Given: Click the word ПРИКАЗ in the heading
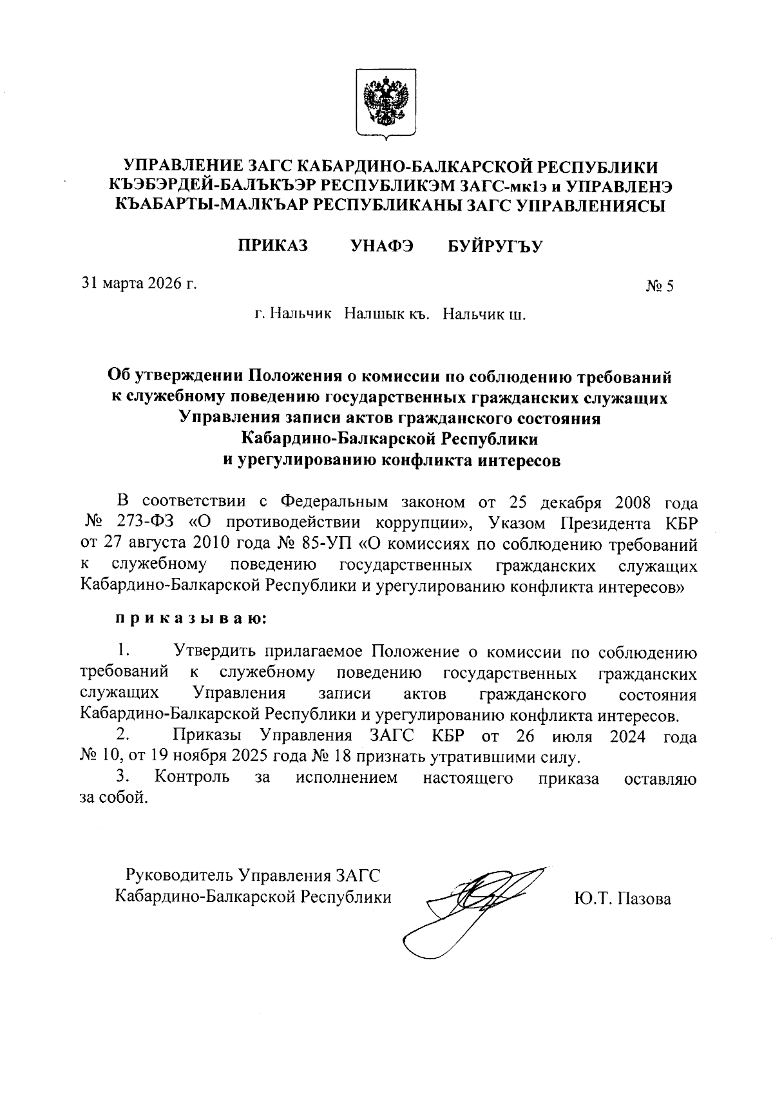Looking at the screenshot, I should (x=272, y=245).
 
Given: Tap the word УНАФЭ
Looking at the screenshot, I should (x=382, y=245).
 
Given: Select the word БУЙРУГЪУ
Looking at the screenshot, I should (x=495, y=246).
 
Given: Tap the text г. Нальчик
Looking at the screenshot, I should (x=293, y=314).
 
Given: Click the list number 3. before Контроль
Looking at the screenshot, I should (x=124, y=777).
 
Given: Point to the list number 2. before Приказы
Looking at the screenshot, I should (x=124, y=734).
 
